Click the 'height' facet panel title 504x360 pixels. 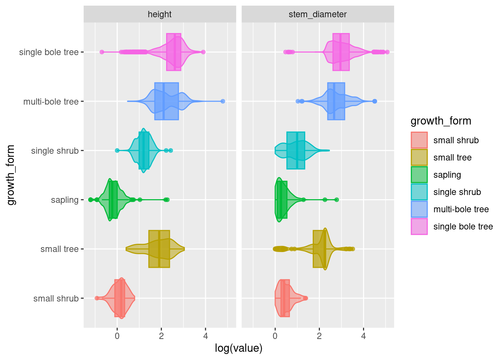159,14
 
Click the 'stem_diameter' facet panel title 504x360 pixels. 318,14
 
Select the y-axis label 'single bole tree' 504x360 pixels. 49,52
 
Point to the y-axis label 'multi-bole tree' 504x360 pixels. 51,102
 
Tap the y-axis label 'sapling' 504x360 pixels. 64,200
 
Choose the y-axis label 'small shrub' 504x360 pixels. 56,298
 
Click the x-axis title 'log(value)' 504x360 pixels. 238,348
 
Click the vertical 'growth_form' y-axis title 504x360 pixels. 11,175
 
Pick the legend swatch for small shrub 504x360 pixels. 419,140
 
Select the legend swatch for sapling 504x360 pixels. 419,175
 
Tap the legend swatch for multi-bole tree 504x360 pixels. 419,209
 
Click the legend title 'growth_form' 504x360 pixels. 441,121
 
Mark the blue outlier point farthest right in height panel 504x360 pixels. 223,101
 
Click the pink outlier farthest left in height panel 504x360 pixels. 102,52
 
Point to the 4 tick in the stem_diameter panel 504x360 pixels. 363,336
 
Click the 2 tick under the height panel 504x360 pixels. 161,336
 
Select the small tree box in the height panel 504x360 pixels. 159,249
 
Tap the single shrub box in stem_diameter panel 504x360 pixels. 295,150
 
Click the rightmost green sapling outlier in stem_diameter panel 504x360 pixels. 336,199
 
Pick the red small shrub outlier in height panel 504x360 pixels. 97,298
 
